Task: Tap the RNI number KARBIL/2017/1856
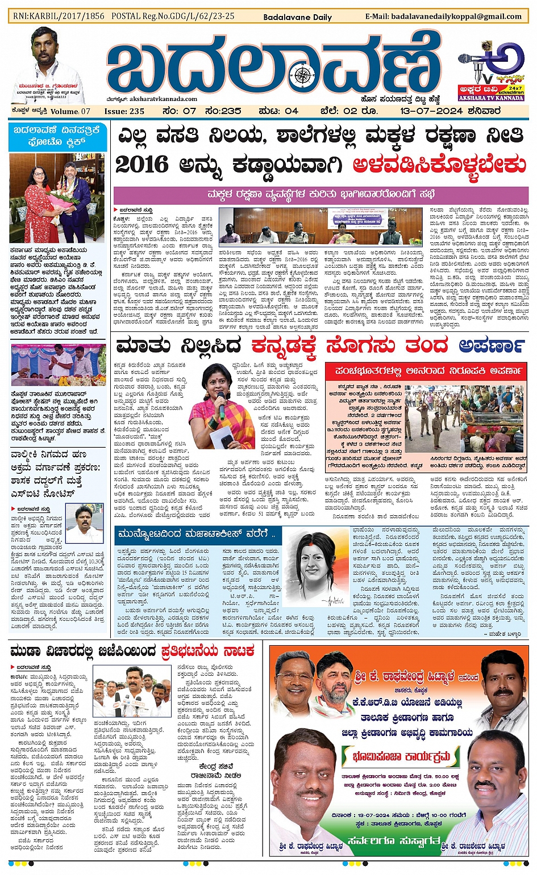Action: tap(59, 16)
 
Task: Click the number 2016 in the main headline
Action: tap(141, 165)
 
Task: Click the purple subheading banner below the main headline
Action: tap(320, 195)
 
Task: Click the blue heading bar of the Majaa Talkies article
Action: tap(195, 534)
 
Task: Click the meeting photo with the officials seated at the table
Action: tap(320, 226)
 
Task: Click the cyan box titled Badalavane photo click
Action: tap(57, 137)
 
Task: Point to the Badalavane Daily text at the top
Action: tap(297, 17)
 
